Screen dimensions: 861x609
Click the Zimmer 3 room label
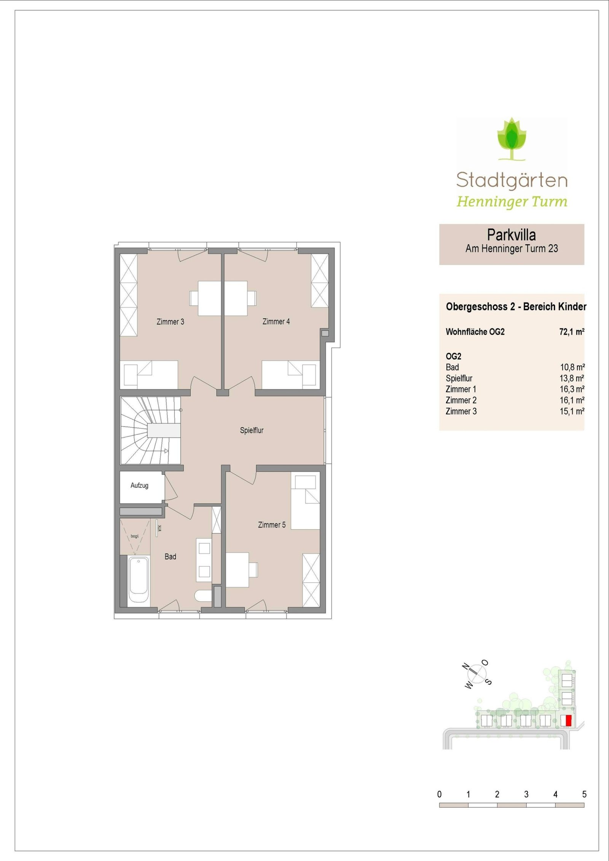(x=170, y=322)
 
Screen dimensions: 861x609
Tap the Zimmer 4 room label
(x=276, y=321)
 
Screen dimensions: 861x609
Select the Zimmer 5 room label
(x=272, y=525)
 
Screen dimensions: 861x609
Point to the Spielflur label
(x=252, y=430)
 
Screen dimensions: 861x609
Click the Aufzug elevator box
(x=139, y=486)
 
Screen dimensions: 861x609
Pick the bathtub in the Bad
(x=138, y=580)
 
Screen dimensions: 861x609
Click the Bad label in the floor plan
(x=170, y=557)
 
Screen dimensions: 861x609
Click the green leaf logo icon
(x=512, y=139)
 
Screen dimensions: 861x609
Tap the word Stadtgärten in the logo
(x=512, y=180)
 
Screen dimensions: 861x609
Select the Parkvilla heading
(x=512, y=235)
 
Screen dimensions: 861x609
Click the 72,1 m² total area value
(x=572, y=332)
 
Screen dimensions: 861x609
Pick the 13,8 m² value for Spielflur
(x=572, y=379)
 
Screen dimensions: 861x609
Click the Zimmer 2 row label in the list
(x=461, y=400)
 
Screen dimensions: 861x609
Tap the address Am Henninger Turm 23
(x=512, y=249)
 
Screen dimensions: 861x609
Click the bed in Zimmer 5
(x=305, y=501)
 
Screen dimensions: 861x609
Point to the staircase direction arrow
(x=166, y=451)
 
